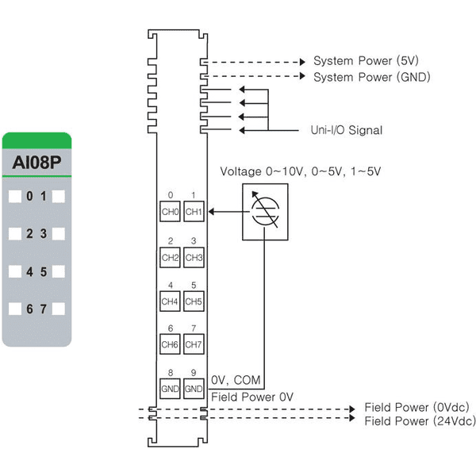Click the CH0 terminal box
click(170, 211)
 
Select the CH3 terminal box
click(194, 257)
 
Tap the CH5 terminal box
click(194, 301)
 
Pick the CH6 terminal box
click(170, 344)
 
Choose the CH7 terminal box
click(194, 344)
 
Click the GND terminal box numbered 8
click(170, 389)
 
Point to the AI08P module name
click(36, 163)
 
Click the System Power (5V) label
click(366, 61)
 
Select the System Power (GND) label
click(371, 77)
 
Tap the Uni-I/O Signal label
click(347, 130)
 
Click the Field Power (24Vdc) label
click(420, 421)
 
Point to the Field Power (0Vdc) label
click(416, 407)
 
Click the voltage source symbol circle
click(265, 212)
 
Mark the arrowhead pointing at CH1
click(211, 211)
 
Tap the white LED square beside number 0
click(15, 197)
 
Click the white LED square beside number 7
click(59, 309)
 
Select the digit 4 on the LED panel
click(29, 271)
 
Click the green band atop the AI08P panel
click(36, 140)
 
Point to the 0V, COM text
click(236, 380)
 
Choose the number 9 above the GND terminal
click(194, 373)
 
